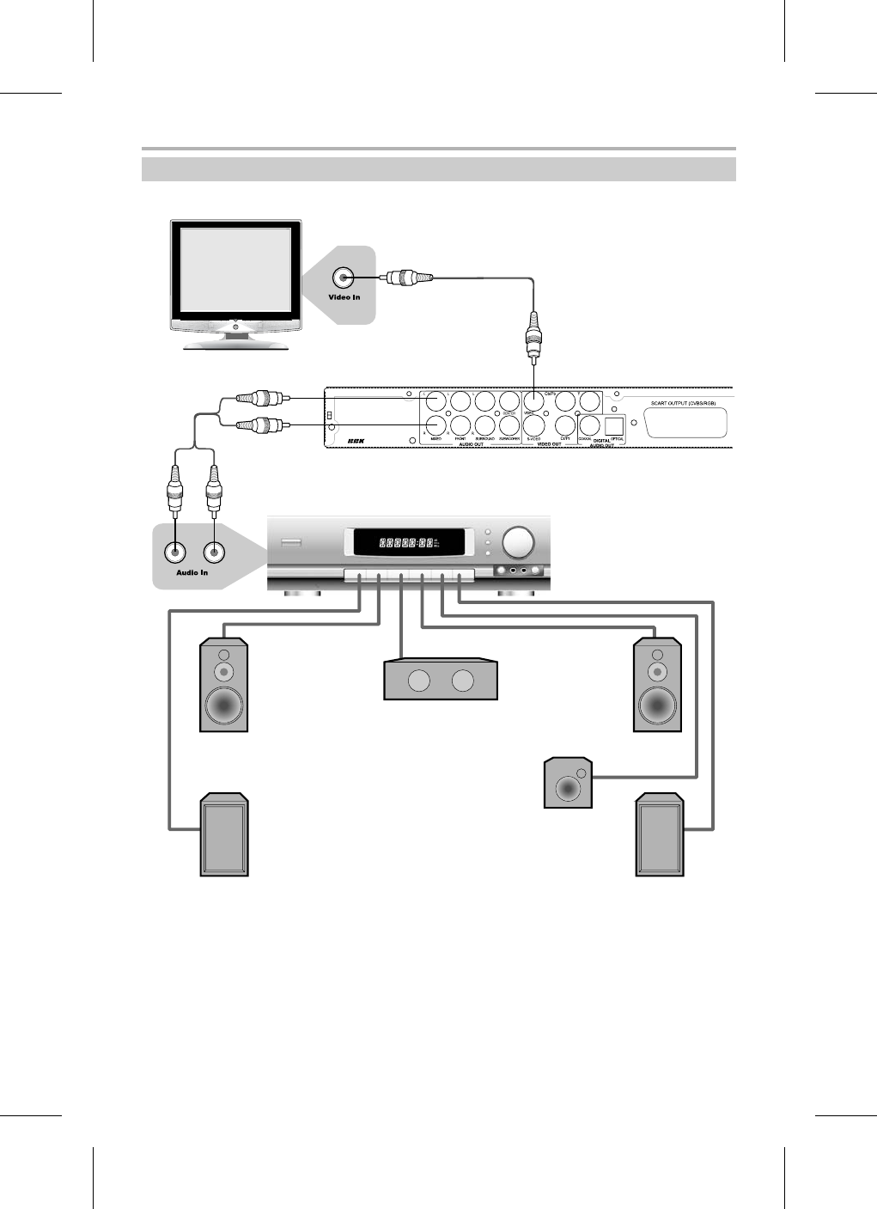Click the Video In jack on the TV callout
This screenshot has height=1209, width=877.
click(x=344, y=278)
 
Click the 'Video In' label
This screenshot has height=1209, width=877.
click(x=344, y=297)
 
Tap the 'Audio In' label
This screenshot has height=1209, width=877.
click(x=192, y=572)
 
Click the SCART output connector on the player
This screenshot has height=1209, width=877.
click(x=685, y=423)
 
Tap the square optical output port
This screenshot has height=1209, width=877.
click(x=614, y=425)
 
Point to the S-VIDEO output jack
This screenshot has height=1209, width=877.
click(x=533, y=424)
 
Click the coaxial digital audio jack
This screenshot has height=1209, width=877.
click(x=589, y=424)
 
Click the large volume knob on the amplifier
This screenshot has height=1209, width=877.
click(x=518, y=542)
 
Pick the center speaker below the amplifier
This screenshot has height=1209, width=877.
click(x=441, y=681)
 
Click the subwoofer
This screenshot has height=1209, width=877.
click(x=568, y=783)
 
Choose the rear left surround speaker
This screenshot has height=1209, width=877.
click(x=224, y=835)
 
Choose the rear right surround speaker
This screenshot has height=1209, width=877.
click(x=659, y=835)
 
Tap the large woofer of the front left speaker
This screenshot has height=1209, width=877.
click(x=223, y=705)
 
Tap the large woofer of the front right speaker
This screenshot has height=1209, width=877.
click(x=658, y=705)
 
